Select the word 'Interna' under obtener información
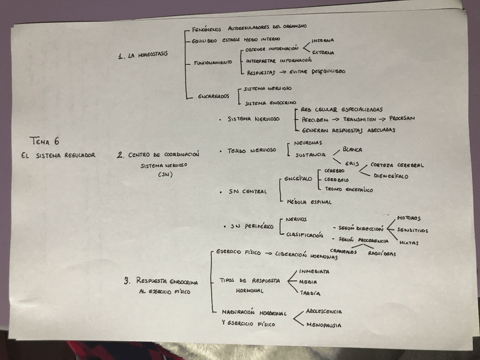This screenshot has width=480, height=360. (323, 40)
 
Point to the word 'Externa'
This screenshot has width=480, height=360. (323, 53)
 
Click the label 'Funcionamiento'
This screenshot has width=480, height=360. (212, 62)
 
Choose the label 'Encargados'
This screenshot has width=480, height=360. (213, 96)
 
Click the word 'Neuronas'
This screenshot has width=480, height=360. (308, 143)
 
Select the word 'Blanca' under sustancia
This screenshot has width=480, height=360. (349, 149)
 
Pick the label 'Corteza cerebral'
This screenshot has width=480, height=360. (397, 165)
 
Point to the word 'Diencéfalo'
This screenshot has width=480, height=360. (391, 176)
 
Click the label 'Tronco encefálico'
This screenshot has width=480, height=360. (349, 190)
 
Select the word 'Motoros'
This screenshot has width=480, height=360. (409, 218)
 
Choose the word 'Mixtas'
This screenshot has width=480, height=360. (409, 243)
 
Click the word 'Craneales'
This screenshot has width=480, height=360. (344, 252)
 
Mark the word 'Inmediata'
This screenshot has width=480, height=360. (314, 271)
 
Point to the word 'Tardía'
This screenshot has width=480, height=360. (310, 293)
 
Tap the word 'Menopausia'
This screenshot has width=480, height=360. (324, 325)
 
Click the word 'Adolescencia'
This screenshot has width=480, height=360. (324, 311)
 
